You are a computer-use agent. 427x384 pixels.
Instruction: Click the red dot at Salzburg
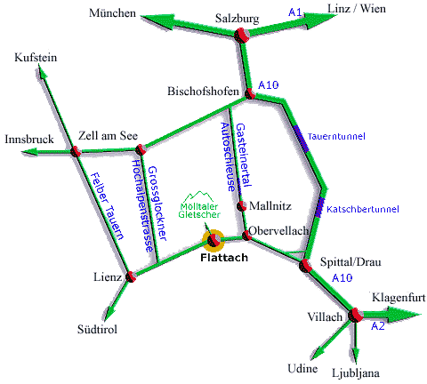(x=241, y=36)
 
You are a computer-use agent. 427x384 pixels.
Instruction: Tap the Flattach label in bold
(x=224, y=258)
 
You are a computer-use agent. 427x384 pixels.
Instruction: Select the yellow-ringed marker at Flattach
(x=213, y=240)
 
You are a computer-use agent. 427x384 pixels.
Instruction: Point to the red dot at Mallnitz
(x=241, y=206)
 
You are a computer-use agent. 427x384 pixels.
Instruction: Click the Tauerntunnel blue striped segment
(x=302, y=139)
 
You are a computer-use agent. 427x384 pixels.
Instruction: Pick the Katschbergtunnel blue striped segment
(x=320, y=207)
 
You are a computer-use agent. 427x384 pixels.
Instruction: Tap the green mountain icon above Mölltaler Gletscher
(x=199, y=196)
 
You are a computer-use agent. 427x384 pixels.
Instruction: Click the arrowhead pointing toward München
(x=157, y=20)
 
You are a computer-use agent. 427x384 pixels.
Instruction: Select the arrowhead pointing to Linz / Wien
(x=321, y=20)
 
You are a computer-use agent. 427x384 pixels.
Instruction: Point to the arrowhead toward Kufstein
(x=42, y=72)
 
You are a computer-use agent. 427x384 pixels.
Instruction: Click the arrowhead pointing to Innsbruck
(x=29, y=152)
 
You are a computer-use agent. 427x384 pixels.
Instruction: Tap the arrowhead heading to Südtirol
(x=109, y=313)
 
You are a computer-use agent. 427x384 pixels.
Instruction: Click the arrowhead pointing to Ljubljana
(x=356, y=355)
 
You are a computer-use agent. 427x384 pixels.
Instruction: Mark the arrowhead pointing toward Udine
(x=317, y=352)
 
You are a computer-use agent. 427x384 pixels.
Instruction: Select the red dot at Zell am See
(x=141, y=149)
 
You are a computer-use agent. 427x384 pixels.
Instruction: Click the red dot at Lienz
(x=131, y=276)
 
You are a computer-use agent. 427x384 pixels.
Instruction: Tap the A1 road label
(x=295, y=12)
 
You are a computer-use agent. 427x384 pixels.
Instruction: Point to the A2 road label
(x=378, y=326)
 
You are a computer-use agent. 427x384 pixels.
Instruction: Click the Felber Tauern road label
(x=107, y=206)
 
